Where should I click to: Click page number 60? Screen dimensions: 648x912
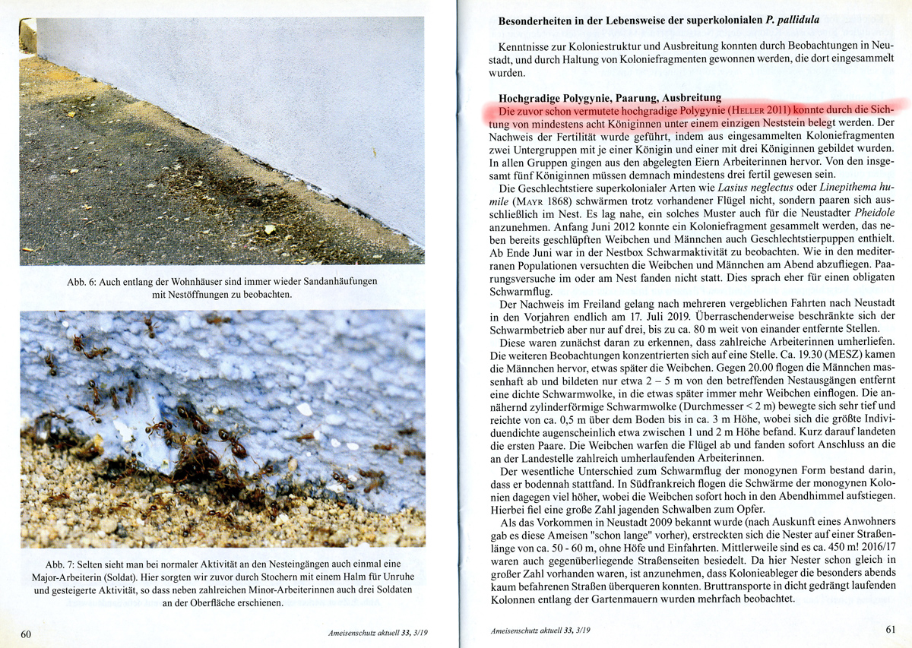click(x=26, y=633)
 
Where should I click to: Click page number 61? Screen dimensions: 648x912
click(x=891, y=630)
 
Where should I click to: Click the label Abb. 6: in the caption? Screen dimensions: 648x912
click(x=84, y=282)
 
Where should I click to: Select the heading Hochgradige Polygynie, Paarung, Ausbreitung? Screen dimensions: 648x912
click(x=610, y=98)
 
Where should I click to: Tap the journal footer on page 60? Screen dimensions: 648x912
click(x=379, y=632)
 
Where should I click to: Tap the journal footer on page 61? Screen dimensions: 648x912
click(x=540, y=631)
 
